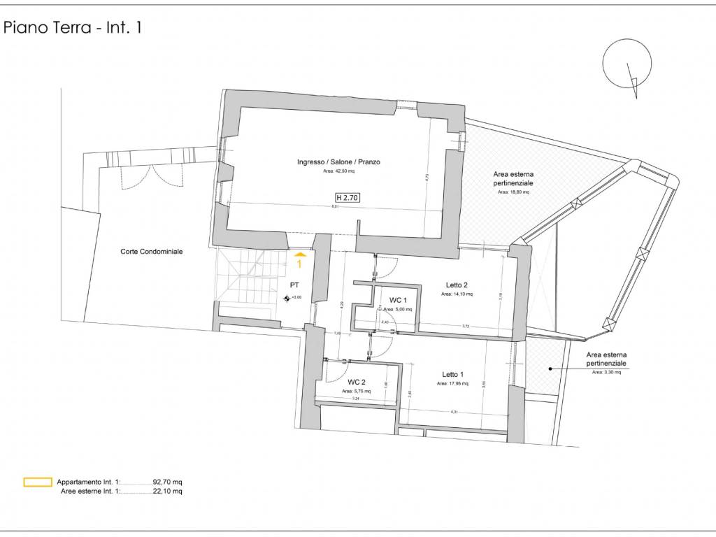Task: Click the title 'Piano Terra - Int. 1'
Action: (x=73, y=29)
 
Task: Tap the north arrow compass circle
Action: (x=627, y=63)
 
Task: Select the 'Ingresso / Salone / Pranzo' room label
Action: (x=338, y=162)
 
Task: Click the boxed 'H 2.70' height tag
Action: (x=348, y=198)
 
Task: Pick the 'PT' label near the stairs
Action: (x=295, y=285)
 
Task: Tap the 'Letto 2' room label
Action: (x=457, y=285)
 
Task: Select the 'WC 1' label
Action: (x=399, y=300)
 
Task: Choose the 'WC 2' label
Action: (x=357, y=382)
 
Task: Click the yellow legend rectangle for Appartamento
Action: (x=38, y=482)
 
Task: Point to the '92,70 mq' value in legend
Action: (x=168, y=482)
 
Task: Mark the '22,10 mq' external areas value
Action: (x=168, y=492)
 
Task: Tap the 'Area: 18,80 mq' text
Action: (x=513, y=192)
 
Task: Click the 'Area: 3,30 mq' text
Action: (x=606, y=373)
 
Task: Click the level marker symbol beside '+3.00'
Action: (x=287, y=299)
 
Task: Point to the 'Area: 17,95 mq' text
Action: (x=452, y=384)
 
